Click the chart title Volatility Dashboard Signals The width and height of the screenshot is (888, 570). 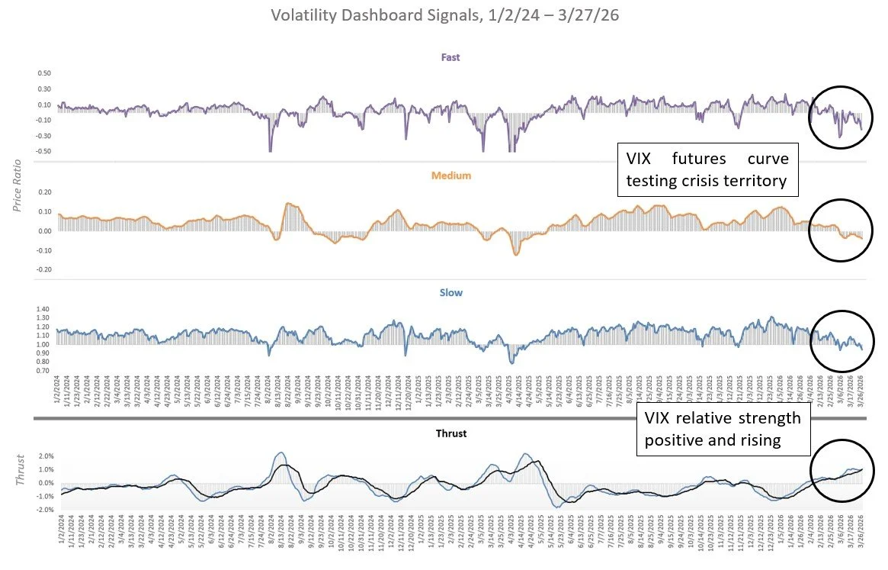coord(444,14)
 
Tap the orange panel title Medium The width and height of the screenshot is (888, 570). coord(452,175)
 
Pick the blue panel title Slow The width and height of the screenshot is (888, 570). coord(451,292)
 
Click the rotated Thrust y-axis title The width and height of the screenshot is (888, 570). coord(21,472)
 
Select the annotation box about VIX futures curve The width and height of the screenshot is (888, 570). coord(707,169)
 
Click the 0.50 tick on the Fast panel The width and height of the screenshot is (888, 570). coord(43,74)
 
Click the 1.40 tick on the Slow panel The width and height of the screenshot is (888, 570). coord(43,309)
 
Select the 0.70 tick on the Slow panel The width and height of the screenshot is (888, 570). coord(43,371)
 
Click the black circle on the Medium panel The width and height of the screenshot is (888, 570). coord(840,230)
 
